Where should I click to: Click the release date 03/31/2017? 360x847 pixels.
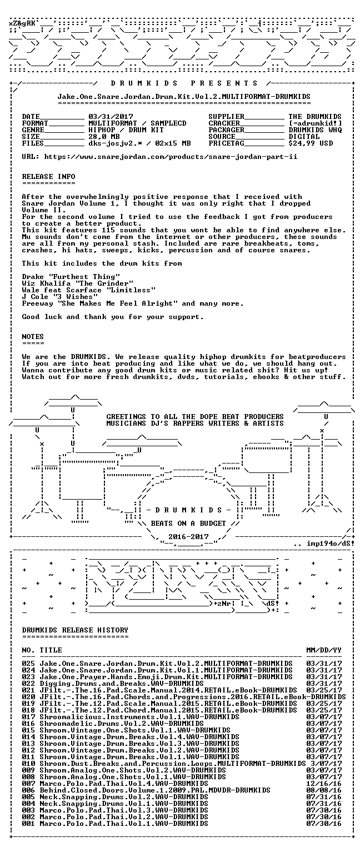pos(111,117)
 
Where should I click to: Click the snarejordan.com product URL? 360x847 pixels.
pos(171,157)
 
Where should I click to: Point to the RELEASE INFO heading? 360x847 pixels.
pos(48,177)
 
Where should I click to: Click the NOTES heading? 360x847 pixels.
pos(33,337)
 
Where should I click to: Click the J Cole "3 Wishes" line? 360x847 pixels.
pos(57,297)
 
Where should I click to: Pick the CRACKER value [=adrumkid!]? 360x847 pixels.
pos(315,123)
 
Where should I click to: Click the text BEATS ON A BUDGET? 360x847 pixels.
pos(188,524)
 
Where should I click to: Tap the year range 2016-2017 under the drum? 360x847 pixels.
pos(188,537)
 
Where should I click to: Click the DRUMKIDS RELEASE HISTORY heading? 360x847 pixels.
pos(75,630)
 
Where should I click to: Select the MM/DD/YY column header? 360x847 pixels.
pos(324,650)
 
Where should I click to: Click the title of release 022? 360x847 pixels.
pos(122,684)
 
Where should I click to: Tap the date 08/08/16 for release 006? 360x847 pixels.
pos(324,790)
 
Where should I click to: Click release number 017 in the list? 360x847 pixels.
pos(28,717)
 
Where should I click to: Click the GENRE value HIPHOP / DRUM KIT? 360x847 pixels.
pos(126,130)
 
